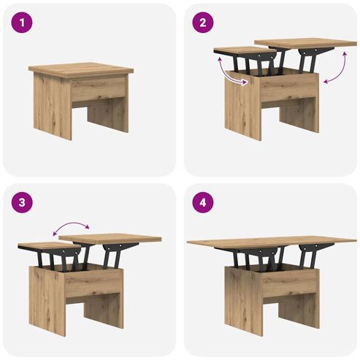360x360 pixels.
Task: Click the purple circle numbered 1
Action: (x=22, y=23)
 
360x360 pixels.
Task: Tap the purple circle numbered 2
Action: (x=203, y=23)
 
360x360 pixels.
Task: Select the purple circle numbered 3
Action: (x=22, y=202)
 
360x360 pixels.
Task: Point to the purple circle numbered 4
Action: (x=203, y=202)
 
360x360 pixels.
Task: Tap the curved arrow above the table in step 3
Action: (x=71, y=224)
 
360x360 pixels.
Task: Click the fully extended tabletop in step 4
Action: (x=272, y=242)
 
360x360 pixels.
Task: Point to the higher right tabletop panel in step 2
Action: (x=305, y=42)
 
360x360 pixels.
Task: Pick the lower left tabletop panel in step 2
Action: (x=245, y=50)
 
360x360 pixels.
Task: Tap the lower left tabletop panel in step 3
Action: (x=49, y=245)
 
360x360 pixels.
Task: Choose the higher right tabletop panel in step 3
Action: (x=110, y=238)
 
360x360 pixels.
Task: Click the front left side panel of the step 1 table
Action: (x=53, y=107)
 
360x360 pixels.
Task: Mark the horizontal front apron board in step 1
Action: (x=99, y=89)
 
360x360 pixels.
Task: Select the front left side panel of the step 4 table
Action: (x=244, y=302)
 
